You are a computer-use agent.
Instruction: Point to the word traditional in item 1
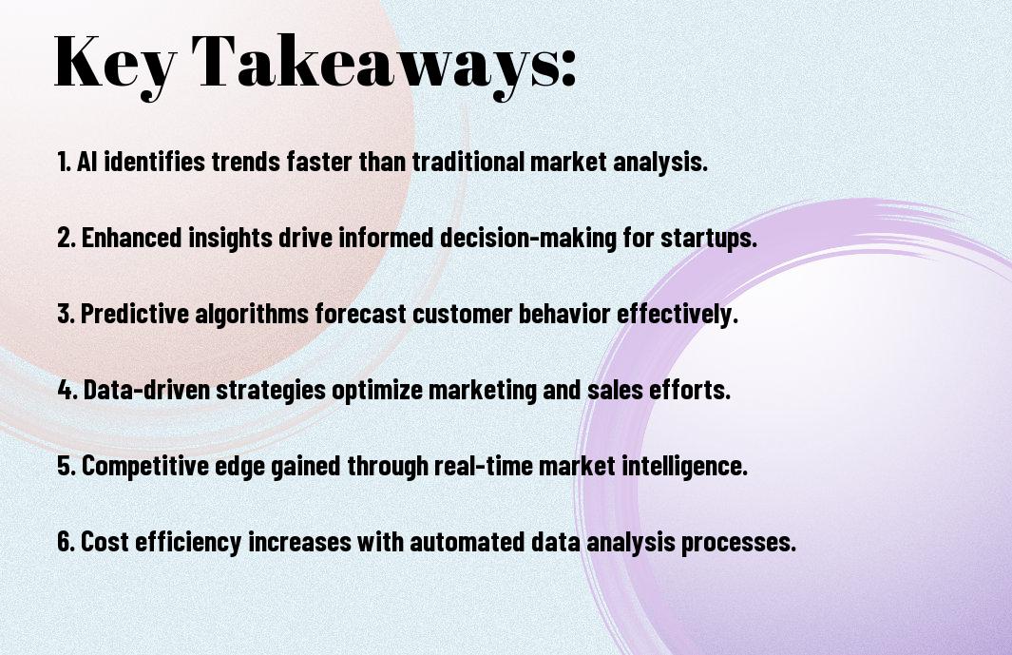coord(468,162)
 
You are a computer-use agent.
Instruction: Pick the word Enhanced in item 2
coord(132,237)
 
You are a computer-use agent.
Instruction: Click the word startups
coord(708,239)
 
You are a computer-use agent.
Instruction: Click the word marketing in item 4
coord(482,391)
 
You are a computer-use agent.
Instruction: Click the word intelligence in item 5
coord(684,467)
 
